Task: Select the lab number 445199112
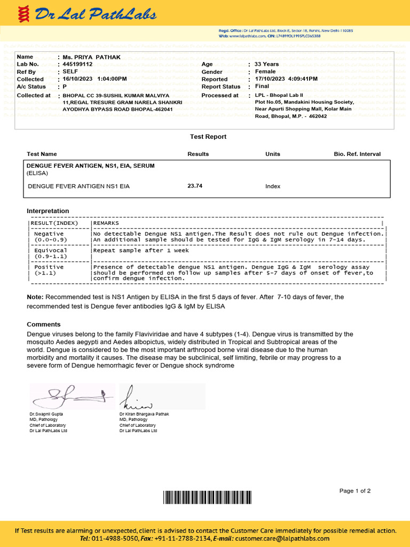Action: point(77,64)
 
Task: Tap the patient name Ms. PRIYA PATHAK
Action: point(91,57)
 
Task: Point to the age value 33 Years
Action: point(266,64)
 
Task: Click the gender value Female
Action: point(265,72)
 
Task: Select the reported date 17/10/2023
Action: point(271,79)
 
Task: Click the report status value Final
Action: point(262,87)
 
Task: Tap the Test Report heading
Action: point(208,137)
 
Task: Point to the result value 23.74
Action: point(195,186)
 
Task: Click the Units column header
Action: point(272,154)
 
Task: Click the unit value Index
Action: point(272,186)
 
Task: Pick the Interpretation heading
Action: point(48,211)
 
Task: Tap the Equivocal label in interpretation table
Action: point(50,250)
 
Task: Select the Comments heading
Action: point(44,324)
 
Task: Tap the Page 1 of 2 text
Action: point(354,491)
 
